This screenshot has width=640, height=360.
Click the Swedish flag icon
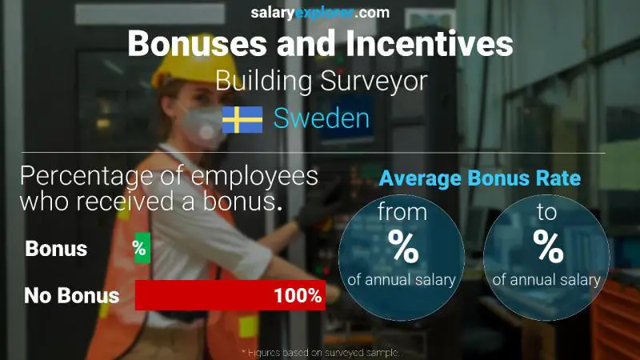point(242,119)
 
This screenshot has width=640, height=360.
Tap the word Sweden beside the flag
point(322,119)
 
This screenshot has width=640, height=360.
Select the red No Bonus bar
point(230,295)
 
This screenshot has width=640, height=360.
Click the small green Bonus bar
point(142,249)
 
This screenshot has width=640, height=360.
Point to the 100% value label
point(298,295)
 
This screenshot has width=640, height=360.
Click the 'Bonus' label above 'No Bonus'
point(56,249)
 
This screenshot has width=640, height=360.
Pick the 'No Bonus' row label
point(71,295)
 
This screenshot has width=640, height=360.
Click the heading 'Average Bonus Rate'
point(480,178)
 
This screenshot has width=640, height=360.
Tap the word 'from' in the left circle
point(402,214)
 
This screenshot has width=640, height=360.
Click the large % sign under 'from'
point(402,247)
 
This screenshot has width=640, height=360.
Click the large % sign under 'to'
point(549,247)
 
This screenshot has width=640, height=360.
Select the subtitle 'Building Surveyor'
point(320,81)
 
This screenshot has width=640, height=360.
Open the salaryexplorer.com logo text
point(320,12)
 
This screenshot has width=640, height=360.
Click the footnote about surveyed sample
point(320,352)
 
